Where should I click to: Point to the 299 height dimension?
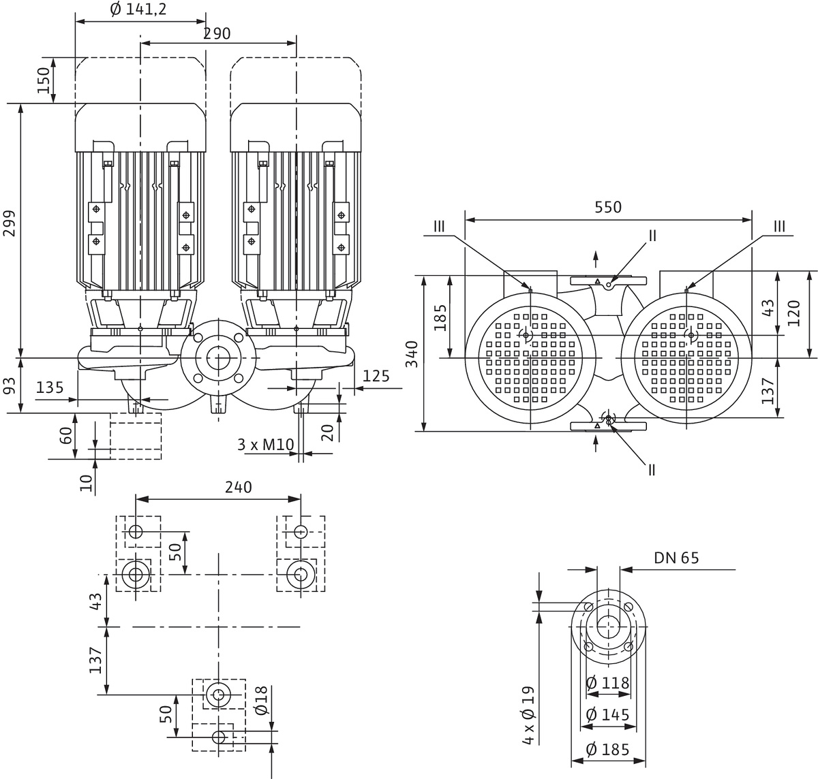(10, 223)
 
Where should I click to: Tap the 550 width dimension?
(608, 207)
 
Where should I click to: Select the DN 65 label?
(676, 558)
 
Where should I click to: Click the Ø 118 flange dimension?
(607, 682)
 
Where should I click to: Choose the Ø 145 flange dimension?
(607, 714)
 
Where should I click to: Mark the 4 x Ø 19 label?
(530, 714)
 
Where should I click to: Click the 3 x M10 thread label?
(265, 445)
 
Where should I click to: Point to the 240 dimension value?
(238, 487)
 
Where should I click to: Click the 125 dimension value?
(376, 375)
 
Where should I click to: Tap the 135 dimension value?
(50, 387)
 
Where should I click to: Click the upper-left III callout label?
(438, 226)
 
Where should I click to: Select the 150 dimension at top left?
(44, 80)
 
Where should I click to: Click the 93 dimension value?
(10, 386)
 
